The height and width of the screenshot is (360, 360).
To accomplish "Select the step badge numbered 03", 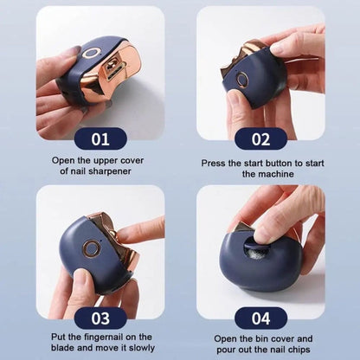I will coord(100,318).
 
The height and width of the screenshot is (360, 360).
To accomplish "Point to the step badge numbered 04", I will coord(260,318).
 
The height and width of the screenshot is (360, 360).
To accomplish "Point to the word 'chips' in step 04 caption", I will coord(294,350).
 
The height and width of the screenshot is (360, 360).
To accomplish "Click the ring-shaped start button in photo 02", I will coord(242,80).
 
